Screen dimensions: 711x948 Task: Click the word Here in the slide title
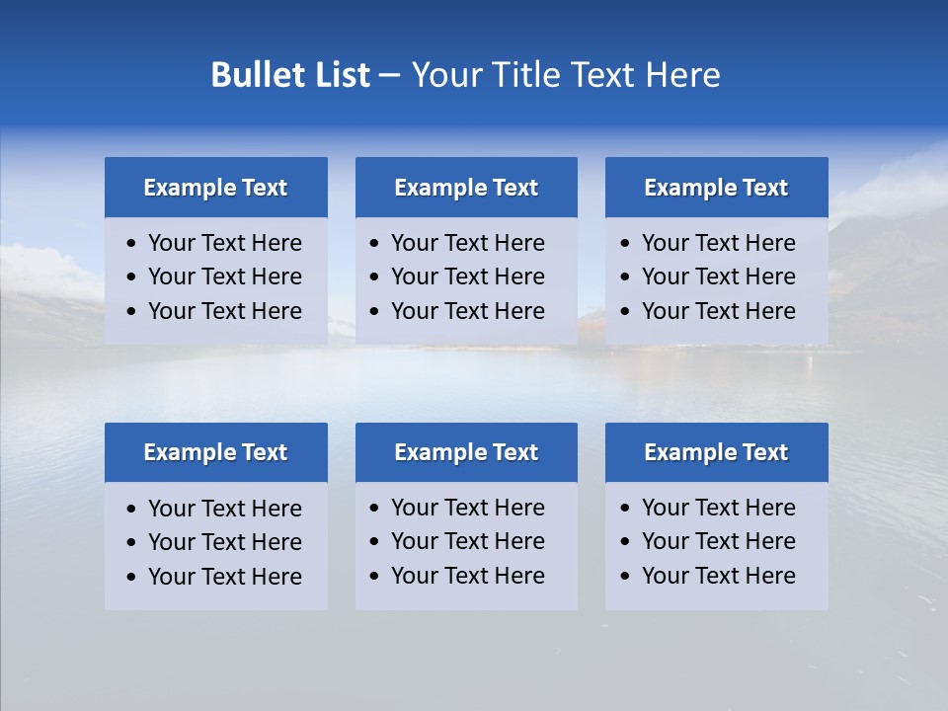coord(682,75)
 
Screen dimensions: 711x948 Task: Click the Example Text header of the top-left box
coord(215,188)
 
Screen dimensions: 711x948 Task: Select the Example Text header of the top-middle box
coord(466,188)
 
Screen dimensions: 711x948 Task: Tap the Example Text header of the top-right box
coord(716,188)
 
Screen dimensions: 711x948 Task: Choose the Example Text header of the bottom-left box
coord(215,452)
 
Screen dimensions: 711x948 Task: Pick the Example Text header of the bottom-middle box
coord(466,452)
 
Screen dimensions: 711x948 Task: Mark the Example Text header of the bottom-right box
coord(716,452)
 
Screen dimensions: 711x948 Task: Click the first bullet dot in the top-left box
coord(132,244)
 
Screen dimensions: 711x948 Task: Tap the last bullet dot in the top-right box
coord(625,312)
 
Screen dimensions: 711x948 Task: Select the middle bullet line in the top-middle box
coord(467,276)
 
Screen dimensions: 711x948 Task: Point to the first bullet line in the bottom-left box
coord(224,509)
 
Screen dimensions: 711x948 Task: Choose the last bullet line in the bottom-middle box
coord(467,576)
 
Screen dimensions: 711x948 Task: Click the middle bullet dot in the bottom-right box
coord(625,542)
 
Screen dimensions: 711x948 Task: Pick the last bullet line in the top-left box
coord(224,311)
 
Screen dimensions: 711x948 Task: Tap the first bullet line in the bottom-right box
coord(718,508)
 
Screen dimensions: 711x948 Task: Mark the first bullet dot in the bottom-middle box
coord(374,509)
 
